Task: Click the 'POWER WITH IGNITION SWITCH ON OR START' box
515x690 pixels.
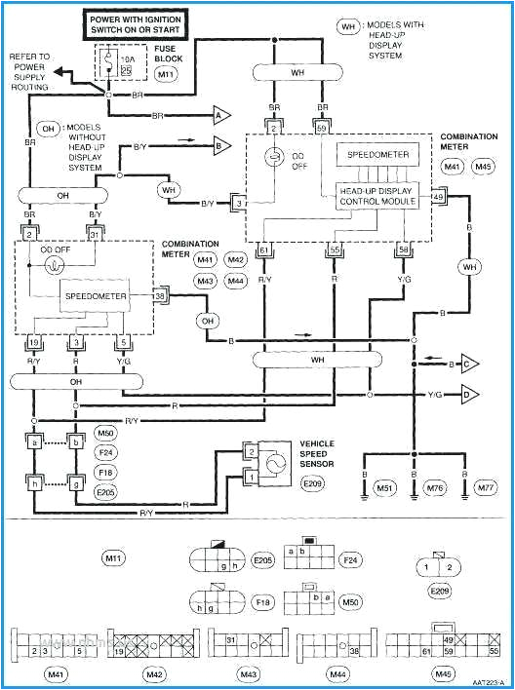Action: (x=147, y=23)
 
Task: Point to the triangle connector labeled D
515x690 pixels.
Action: (x=469, y=394)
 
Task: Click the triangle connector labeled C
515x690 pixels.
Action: (x=469, y=365)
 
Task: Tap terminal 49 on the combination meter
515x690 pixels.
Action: (x=438, y=197)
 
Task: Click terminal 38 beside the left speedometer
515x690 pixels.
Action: (x=160, y=294)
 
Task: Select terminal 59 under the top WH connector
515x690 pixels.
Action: (x=321, y=127)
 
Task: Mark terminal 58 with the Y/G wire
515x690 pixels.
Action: (x=403, y=250)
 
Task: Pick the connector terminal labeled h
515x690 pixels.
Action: (x=34, y=481)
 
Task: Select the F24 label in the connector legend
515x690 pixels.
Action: (x=348, y=560)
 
